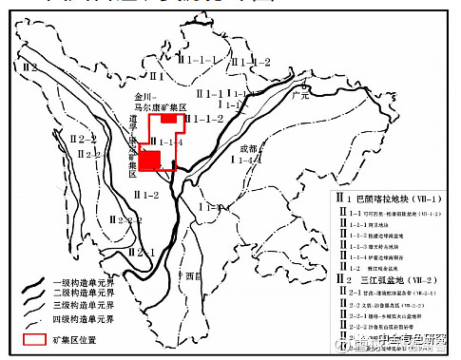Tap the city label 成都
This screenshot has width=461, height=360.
tap(248, 148)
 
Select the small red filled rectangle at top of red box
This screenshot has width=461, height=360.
tap(169, 120)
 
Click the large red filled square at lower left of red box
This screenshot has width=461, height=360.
tap(150, 159)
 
